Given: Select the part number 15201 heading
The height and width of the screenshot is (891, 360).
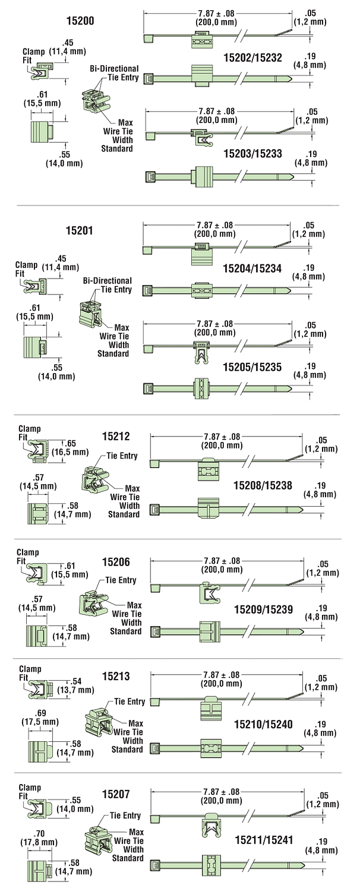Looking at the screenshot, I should point(81,231).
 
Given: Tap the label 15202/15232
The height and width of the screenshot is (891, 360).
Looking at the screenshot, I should point(252,58).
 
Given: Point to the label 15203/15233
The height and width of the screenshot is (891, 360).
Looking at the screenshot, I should point(252,154).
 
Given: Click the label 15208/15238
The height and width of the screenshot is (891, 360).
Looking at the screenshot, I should point(263,485).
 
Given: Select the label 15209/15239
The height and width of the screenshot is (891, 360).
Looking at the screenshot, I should point(263,609).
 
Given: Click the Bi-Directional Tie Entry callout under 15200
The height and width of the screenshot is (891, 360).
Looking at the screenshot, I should point(114,73).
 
